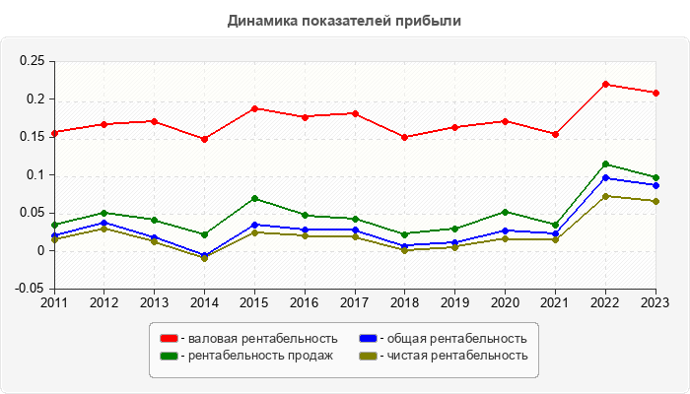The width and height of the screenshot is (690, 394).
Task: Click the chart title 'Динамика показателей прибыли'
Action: [344, 20]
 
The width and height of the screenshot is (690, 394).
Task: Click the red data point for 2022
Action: [605, 84]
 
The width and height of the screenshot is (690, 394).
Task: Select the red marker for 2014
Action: [204, 139]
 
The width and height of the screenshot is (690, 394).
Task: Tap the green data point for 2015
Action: [254, 199]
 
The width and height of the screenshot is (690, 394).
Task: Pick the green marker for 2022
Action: [605, 164]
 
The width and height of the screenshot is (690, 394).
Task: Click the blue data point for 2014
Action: [204, 255]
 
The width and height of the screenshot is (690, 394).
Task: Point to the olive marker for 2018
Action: [405, 250]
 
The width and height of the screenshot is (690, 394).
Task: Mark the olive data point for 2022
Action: [605, 196]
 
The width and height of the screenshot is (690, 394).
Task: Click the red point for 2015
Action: [254, 108]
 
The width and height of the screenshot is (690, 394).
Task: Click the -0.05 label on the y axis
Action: [31, 289]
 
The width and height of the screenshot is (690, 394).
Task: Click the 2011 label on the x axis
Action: [54, 302]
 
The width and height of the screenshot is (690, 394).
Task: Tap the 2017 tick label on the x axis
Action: [355, 302]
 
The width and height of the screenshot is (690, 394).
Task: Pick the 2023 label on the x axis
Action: [655, 302]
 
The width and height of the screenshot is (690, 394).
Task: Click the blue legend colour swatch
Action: [367, 339]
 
